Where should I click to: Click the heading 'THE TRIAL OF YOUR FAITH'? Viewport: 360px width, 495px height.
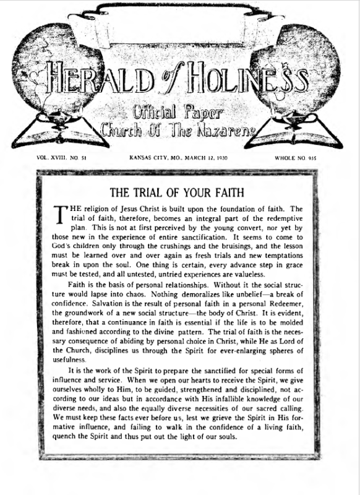coord(179,191)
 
